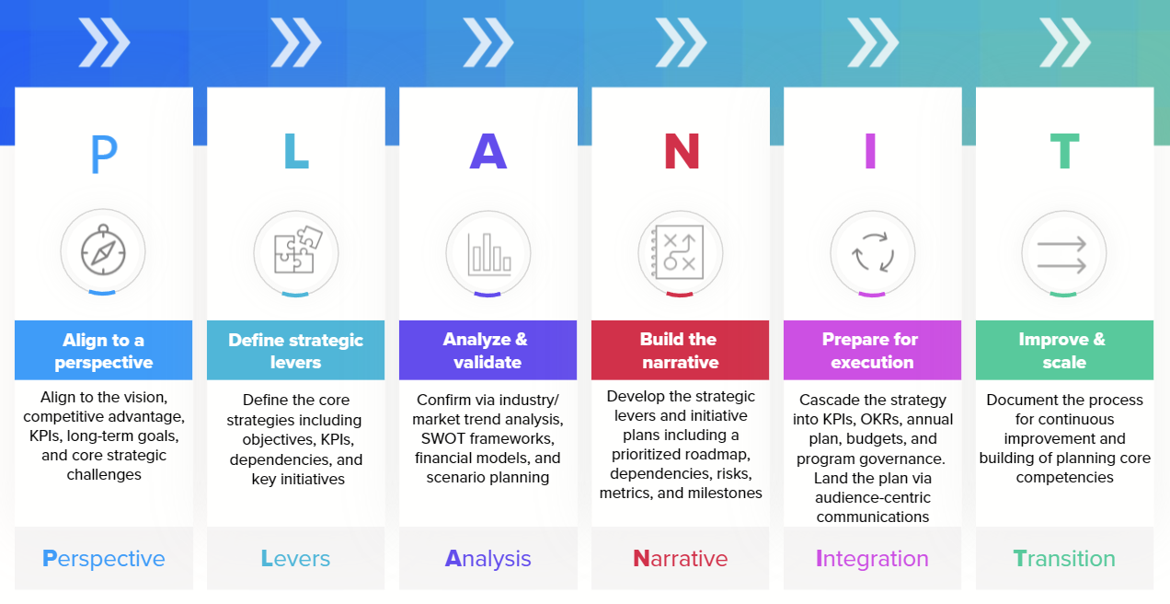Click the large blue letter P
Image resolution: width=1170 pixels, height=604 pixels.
(104, 155)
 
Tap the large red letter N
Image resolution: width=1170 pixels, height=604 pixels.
(681, 153)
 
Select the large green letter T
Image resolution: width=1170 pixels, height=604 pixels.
(1064, 153)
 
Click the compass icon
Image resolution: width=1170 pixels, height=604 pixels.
(103, 251)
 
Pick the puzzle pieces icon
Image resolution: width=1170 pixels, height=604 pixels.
(296, 251)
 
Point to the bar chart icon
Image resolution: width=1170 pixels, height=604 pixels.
(488, 251)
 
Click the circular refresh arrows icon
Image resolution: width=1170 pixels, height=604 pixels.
(873, 251)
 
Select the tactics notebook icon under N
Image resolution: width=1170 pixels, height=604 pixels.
(681, 251)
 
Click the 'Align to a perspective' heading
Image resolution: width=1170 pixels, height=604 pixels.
(104, 351)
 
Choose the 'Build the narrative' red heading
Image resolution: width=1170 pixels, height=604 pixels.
(681, 351)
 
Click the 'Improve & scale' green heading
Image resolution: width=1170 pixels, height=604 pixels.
(1064, 351)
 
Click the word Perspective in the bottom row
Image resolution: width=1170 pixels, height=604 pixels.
(104, 559)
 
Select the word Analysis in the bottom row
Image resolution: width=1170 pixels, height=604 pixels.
(488, 559)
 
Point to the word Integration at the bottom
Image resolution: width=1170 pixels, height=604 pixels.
(873, 559)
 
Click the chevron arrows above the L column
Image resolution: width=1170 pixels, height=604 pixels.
(296, 43)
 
